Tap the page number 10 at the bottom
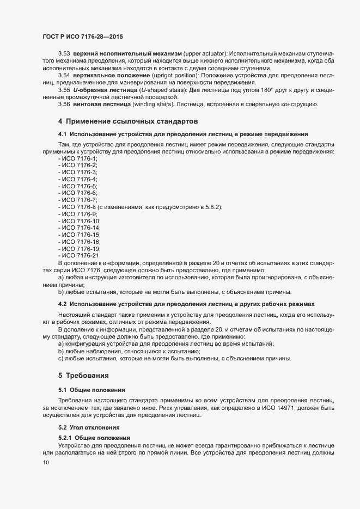tap(46, 462)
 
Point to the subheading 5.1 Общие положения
tap(91, 390)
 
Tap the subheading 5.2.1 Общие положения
tap(94, 438)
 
